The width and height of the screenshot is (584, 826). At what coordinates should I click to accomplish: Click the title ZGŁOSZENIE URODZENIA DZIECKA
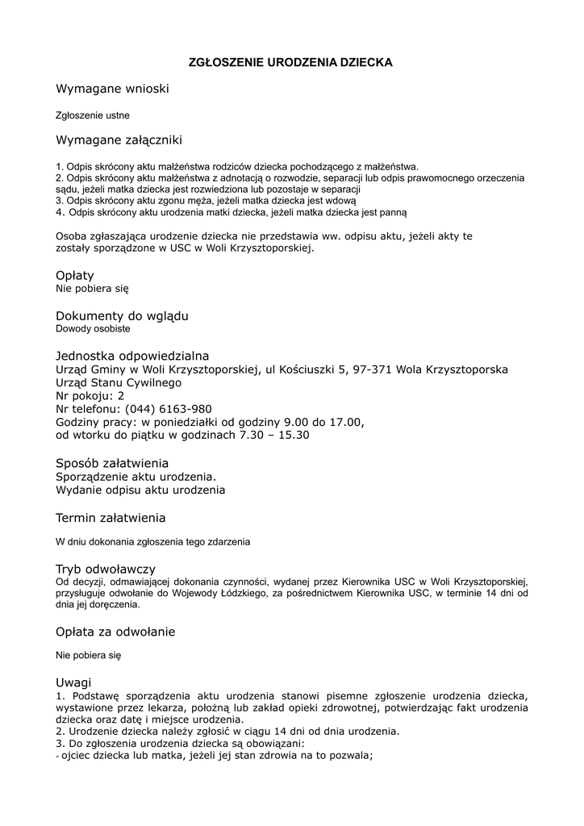(x=290, y=62)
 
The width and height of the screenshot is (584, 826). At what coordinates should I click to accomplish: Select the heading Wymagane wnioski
(x=112, y=88)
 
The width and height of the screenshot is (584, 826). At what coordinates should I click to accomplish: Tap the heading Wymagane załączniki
(x=119, y=140)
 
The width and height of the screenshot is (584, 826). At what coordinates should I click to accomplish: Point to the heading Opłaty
(x=75, y=275)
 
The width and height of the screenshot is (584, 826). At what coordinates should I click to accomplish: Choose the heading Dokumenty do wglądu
(x=122, y=315)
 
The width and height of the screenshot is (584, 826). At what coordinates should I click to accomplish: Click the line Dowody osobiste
(x=93, y=328)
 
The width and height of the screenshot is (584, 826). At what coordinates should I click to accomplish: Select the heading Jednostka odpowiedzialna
(x=132, y=356)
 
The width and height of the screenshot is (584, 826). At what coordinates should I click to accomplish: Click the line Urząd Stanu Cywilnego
(x=119, y=382)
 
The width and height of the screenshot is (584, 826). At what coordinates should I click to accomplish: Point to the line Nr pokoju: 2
(x=90, y=396)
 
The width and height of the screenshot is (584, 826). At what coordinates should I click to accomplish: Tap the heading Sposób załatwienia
(x=112, y=463)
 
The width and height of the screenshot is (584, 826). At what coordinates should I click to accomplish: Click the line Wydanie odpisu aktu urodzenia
(x=140, y=490)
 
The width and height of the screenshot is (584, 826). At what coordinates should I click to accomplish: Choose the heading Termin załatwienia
(x=111, y=517)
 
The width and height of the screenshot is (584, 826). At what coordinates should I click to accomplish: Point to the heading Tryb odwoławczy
(x=106, y=569)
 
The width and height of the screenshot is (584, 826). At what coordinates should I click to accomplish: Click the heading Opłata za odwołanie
(x=115, y=631)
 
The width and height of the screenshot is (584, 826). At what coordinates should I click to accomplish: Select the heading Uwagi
(x=73, y=682)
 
